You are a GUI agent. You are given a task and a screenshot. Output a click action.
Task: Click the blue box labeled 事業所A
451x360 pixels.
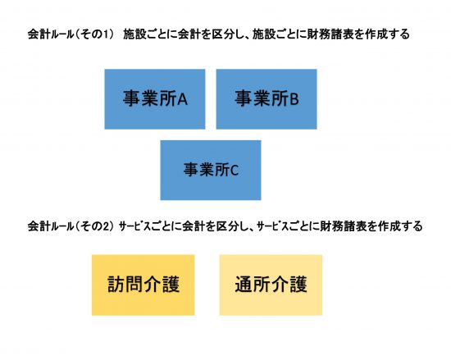coord(155,99)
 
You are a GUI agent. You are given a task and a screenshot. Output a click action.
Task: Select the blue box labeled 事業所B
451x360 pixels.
coord(266,99)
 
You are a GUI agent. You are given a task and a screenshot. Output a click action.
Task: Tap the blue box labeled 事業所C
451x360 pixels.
coord(211,171)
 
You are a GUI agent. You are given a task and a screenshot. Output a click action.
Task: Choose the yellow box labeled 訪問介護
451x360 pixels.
coord(143,285)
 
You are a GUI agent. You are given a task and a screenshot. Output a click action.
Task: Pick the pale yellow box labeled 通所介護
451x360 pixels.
coord(271,285)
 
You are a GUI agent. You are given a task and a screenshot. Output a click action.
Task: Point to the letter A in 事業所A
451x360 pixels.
coord(182,99)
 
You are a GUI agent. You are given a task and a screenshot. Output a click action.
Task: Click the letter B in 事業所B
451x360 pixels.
coord(294,99)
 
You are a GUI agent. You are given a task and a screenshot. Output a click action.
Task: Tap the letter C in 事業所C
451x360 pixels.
coord(235,171)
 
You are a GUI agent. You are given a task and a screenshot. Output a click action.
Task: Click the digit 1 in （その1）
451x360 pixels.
coord(105,34)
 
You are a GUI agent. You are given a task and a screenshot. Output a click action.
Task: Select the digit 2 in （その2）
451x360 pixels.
coord(106,226)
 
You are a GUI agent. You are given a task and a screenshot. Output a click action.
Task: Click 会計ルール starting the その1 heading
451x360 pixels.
coord(51,34)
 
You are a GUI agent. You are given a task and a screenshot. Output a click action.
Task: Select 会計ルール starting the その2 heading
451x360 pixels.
coord(51,226)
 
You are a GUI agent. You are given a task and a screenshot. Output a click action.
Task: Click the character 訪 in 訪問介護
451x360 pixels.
coord(116,284)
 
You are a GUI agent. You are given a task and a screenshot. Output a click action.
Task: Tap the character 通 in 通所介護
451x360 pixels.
coord(244,284)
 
